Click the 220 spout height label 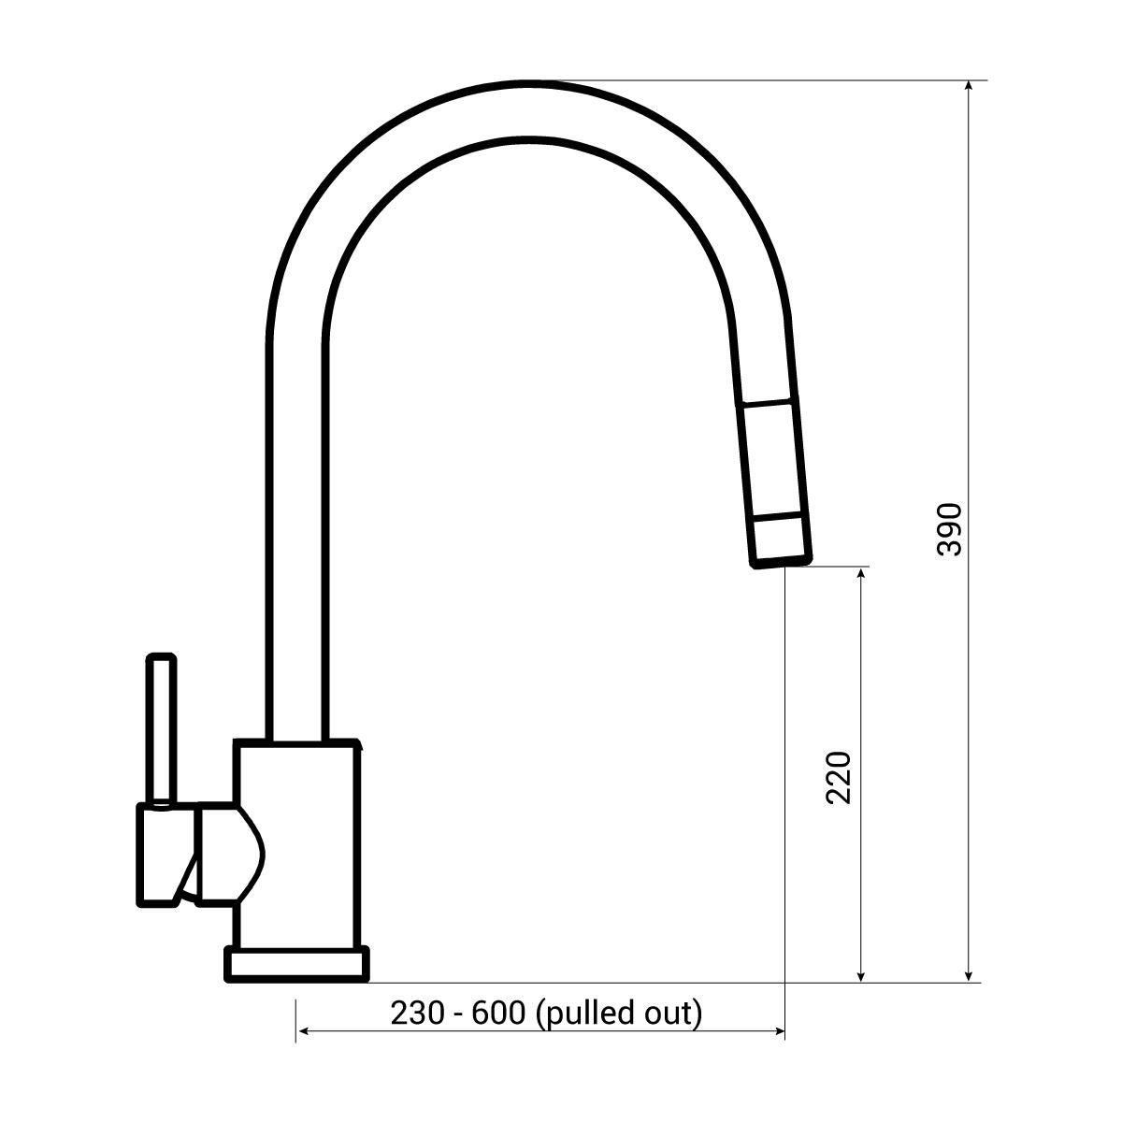coord(839,778)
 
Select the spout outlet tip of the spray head coord(780,561)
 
